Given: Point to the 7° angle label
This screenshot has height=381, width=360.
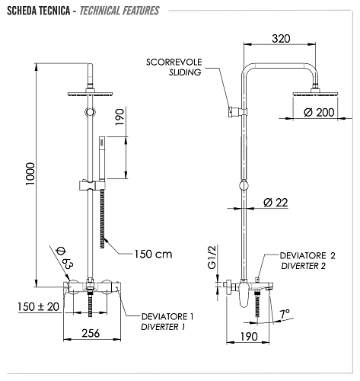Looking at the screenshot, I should [x=285, y=313].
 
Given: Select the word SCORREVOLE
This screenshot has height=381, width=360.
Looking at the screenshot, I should [x=174, y=62].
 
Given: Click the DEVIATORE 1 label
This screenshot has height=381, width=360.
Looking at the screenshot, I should [x=168, y=315].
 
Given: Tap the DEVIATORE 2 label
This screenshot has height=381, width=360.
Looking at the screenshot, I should [x=307, y=255].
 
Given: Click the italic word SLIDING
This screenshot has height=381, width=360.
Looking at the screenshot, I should [x=186, y=72].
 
